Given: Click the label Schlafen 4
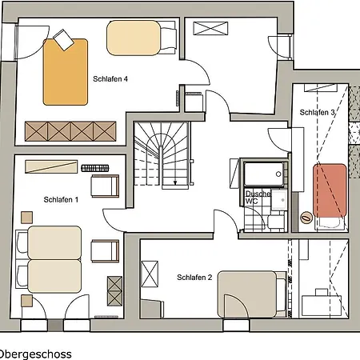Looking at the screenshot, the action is (x=110, y=79).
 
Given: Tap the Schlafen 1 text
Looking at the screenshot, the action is (x=61, y=200).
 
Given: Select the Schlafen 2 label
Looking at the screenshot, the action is (x=194, y=278).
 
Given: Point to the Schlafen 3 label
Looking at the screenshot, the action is (x=317, y=113).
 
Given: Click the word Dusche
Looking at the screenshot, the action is (x=258, y=194).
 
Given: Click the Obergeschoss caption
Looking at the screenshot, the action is (x=35, y=354).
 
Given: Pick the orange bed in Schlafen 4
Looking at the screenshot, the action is (x=66, y=72).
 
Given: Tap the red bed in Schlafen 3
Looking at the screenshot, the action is (x=330, y=190).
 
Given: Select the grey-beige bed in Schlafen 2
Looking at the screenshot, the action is (x=246, y=294).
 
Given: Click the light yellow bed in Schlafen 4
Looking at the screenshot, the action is (x=134, y=38).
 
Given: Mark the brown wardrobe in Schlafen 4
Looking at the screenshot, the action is (x=70, y=131).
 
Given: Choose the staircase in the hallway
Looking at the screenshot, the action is (x=162, y=155).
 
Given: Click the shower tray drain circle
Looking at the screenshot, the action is (x=278, y=174).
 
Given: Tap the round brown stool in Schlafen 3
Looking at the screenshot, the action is (x=306, y=218).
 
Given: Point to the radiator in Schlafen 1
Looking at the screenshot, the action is (x=95, y=168).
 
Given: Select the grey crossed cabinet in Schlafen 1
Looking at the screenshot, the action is (x=114, y=291).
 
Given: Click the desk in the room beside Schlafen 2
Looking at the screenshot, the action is (x=322, y=306).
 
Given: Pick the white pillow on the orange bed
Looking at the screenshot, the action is (x=63, y=40).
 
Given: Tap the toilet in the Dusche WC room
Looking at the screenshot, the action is (x=276, y=222).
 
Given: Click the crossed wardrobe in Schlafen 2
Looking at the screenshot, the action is (x=150, y=274).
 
